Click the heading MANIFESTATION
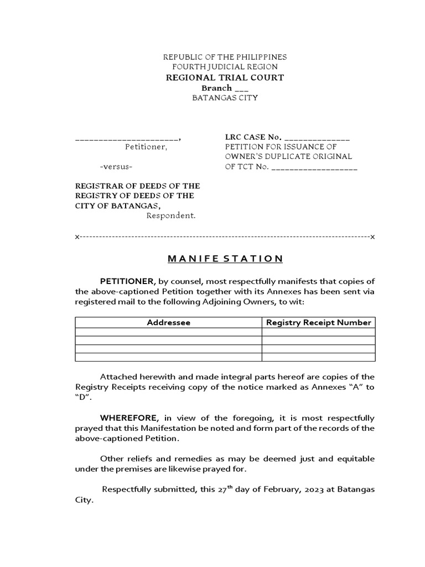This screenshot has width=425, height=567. [x=225, y=259]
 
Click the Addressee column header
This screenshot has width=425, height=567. [x=168, y=322]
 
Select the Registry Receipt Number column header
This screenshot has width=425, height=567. [x=318, y=322]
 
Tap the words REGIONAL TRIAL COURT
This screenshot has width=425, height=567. [x=225, y=78]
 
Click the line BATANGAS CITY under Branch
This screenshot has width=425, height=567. [x=225, y=98]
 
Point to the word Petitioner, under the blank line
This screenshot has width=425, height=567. [x=146, y=147]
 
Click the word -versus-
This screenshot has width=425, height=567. [x=116, y=167]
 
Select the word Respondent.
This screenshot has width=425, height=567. [x=171, y=215]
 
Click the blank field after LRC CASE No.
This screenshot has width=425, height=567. [x=318, y=138]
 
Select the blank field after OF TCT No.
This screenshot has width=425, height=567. [x=314, y=167]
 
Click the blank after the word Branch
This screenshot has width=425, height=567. [x=242, y=89]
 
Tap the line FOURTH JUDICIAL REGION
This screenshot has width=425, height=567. [x=225, y=67]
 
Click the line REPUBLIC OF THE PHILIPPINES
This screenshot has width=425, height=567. [x=225, y=57]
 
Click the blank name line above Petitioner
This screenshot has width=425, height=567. [x=127, y=138]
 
